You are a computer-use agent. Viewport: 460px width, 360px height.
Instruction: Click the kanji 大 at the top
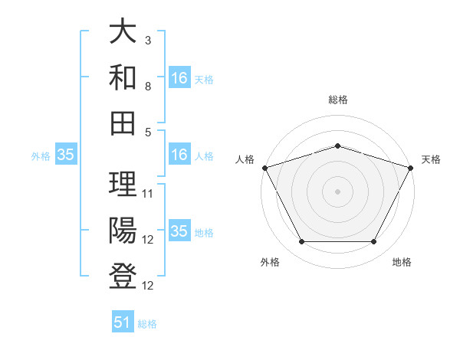[123, 33]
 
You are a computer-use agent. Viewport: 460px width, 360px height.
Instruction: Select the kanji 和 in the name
[123, 77]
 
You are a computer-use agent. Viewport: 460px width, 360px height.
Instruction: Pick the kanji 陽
[123, 231]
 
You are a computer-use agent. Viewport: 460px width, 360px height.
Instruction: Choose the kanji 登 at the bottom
[123, 275]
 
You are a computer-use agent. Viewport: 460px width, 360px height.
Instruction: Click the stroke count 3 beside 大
[148, 39]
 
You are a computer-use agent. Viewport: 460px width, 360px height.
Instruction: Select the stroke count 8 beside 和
[148, 87]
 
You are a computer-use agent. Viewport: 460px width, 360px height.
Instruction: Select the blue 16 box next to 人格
[179, 155]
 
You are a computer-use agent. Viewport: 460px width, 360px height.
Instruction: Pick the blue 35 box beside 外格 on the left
[65, 155]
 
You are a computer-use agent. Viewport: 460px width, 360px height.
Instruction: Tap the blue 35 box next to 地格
[179, 231]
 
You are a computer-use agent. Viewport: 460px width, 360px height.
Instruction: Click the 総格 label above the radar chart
[337, 100]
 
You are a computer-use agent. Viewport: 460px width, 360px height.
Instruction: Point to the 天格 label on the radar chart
[431, 159]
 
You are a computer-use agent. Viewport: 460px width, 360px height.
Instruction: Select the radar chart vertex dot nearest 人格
[264, 167]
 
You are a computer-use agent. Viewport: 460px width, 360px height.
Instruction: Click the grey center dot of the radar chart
[337, 191]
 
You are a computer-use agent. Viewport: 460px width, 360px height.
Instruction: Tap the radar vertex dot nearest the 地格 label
[374, 242]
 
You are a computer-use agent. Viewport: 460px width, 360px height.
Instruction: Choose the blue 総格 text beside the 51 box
[147, 324]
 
